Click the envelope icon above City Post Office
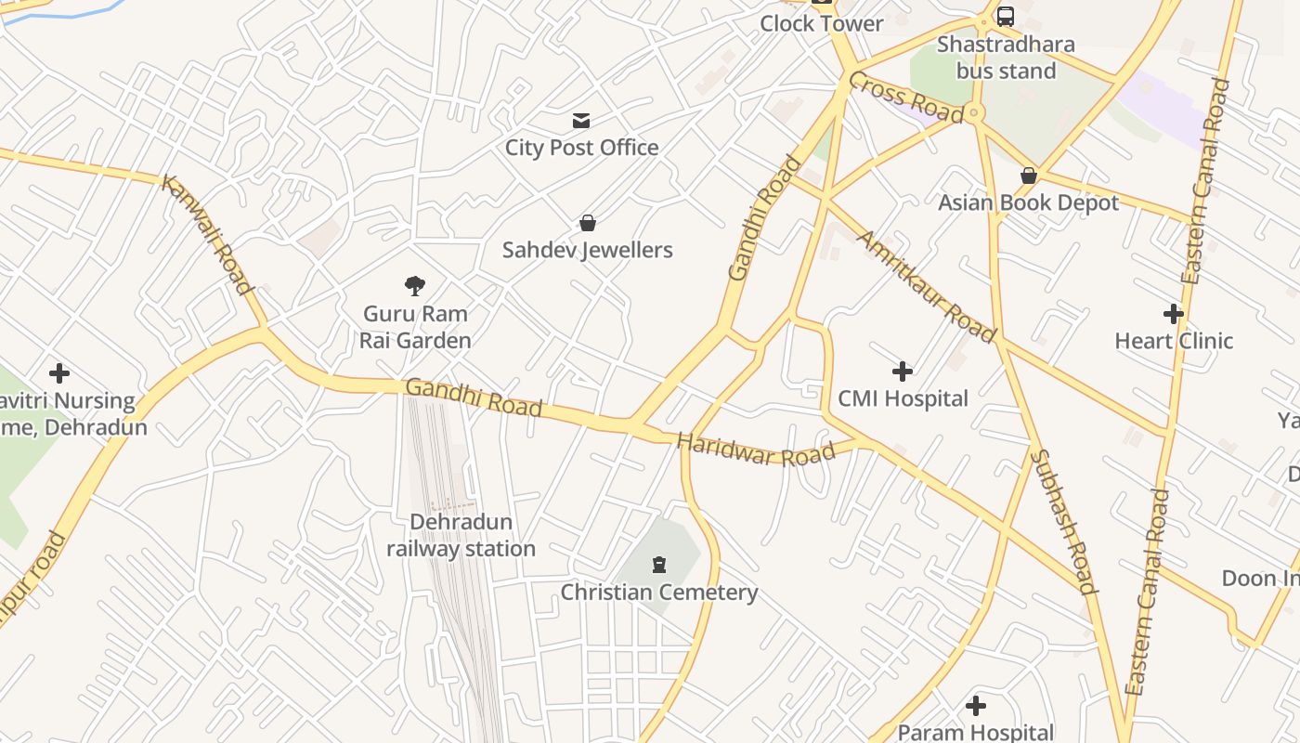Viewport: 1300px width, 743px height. (x=581, y=120)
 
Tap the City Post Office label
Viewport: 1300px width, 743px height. (x=581, y=148)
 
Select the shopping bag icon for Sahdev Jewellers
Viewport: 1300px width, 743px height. (x=587, y=223)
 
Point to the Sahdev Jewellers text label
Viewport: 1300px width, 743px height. (x=587, y=250)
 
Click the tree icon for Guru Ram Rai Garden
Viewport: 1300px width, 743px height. (x=415, y=286)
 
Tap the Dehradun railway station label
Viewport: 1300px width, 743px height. (x=461, y=536)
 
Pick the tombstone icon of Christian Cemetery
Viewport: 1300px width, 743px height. (x=659, y=564)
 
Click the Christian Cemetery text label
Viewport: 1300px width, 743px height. (x=659, y=593)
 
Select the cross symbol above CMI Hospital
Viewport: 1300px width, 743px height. (x=902, y=371)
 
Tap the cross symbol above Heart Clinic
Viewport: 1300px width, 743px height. (x=1174, y=314)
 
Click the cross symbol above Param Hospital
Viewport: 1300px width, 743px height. (x=975, y=706)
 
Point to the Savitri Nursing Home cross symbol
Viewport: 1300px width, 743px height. (x=59, y=373)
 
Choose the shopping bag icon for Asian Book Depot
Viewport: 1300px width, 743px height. (x=1028, y=176)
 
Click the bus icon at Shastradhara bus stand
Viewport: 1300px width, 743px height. (x=1005, y=16)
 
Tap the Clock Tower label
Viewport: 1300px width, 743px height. (x=821, y=23)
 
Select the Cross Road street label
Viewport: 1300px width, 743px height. (x=905, y=98)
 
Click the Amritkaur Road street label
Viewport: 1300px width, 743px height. (x=925, y=286)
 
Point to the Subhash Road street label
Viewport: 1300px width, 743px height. (x=1064, y=520)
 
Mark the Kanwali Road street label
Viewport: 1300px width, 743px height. (x=207, y=234)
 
